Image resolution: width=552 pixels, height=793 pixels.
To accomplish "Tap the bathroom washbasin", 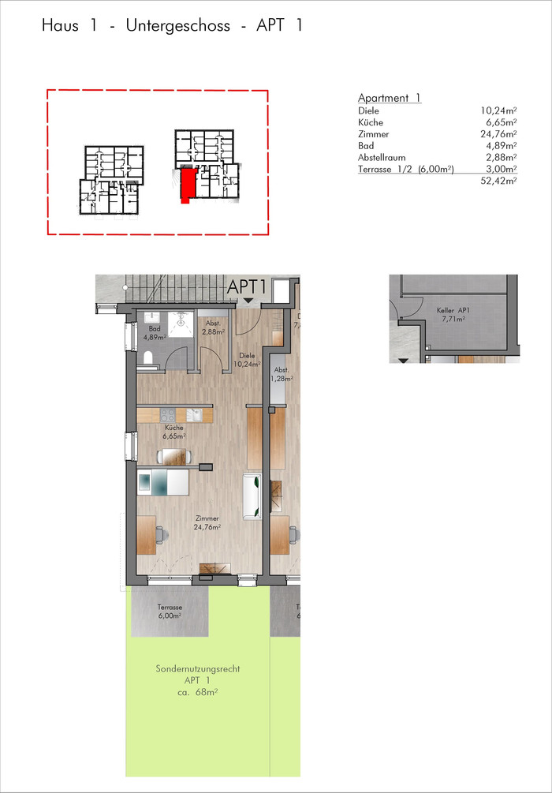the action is pyautogui.click(x=151, y=318).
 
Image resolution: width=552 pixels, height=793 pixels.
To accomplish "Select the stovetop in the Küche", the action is pyautogui.click(x=168, y=415).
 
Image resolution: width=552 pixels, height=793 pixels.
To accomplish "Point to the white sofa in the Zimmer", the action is pyautogui.click(x=252, y=496).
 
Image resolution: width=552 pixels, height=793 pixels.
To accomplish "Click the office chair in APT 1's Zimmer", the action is pyautogui.click(x=160, y=533).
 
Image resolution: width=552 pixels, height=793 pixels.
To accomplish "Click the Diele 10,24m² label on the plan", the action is pyautogui.click(x=247, y=359).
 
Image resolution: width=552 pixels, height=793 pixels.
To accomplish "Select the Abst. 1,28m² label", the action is pyautogui.click(x=282, y=373).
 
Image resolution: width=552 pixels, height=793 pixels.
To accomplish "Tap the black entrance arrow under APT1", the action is pyautogui.click(x=248, y=301).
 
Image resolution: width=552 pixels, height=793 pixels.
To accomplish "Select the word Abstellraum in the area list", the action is pyautogui.click(x=382, y=157).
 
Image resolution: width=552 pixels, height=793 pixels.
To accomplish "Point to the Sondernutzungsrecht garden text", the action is pyautogui.click(x=198, y=669).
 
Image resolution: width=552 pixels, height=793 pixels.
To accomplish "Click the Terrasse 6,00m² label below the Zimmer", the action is pyautogui.click(x=170, y=612).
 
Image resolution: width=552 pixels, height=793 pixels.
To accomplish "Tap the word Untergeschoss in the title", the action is pyautogui.click(x=178, y=26).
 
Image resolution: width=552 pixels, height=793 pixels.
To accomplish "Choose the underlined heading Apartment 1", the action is pyautogui.click(x=390, y=98).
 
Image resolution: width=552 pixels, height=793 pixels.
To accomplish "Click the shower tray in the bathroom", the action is pyautogui.click(x=181, y=324).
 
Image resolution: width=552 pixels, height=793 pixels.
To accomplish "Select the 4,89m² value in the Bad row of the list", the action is pyautogui.click(x=501, y=146).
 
